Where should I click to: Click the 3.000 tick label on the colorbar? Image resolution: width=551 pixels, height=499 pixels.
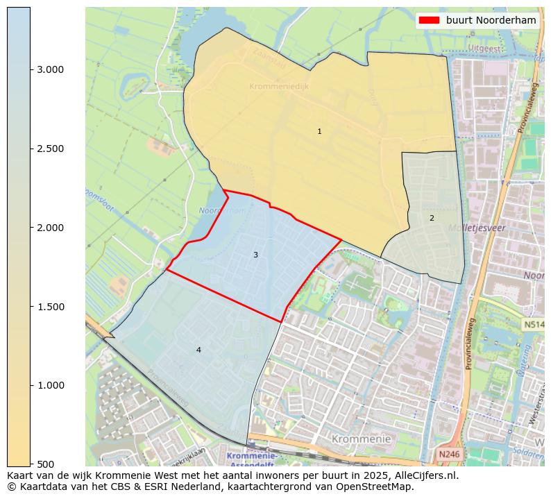click(50, 69)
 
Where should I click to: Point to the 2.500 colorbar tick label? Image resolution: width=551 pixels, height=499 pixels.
click(50, 149)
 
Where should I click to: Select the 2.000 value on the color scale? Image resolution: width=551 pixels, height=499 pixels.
click(50, 228)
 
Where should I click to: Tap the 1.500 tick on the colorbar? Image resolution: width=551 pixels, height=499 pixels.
click(50, 307)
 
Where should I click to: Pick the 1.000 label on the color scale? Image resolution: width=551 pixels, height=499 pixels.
click(50, 385)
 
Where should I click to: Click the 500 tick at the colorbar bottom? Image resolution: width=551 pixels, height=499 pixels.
click(45, 464)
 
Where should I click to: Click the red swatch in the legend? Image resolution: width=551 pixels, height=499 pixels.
click(430, 21)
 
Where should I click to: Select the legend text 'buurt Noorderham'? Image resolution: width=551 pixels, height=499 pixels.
click(491, 21)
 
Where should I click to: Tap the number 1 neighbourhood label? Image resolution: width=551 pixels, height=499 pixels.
click(319, 131)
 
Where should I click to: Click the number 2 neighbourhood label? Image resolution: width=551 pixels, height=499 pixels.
click(432, 218)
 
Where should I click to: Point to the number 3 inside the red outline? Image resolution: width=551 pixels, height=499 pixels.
click(255, 255)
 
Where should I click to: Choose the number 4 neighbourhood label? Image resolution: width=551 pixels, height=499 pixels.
click(198, 350)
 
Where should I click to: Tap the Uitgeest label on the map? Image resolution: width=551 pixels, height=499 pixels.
click(484, 48)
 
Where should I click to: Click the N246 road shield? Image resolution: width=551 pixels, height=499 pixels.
click(448, 454)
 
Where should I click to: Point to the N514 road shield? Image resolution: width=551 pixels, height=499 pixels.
click(534, 324)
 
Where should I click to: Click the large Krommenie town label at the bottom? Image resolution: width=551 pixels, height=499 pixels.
click(361, 439)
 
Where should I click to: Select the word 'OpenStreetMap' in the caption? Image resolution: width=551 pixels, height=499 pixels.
click(380, 487)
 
